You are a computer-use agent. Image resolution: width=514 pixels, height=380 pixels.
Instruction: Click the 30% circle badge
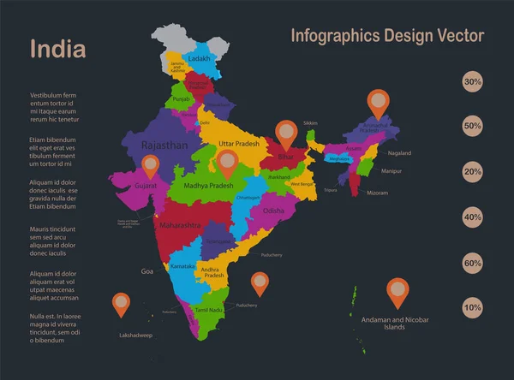click(472, 82)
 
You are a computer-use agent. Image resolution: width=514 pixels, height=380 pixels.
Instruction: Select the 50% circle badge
click(472, 127)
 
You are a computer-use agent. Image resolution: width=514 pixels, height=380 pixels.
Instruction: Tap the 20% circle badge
click(472, 172)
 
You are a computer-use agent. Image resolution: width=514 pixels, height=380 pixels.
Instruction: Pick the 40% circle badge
click(472, 217)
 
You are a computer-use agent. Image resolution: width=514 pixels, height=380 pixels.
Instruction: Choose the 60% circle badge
click(472, 263)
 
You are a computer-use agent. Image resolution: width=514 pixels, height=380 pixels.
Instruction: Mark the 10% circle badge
click(472, 307)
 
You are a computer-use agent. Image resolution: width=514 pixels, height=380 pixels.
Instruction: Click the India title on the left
click(57, 49)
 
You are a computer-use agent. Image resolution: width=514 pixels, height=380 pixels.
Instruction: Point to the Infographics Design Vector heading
click(387, 36)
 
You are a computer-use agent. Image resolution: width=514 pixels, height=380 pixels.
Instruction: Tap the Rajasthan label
click(164, 146)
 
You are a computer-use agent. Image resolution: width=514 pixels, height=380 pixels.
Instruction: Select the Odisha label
click(273, 210)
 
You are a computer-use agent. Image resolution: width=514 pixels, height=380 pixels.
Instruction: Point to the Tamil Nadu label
click(209, 309)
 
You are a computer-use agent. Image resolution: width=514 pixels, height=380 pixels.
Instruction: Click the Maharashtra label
click(180, 225)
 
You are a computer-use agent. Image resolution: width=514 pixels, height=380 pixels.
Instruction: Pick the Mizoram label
click(377, 193)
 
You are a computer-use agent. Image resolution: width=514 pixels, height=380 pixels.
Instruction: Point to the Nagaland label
click(399, 153)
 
